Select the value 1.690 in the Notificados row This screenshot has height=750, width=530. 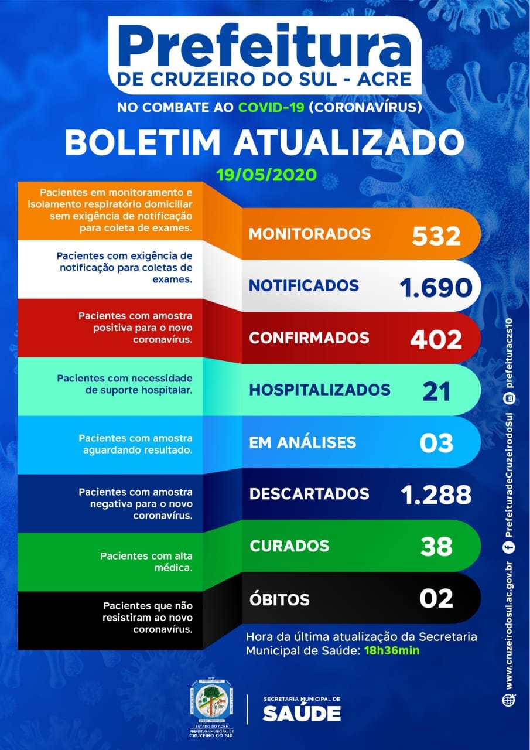click(x=435, y=287)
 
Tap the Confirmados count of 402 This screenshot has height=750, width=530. click(x=436, y=339)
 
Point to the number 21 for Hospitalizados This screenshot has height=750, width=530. click(x=436, y=391)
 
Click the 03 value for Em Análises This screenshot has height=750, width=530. click(x=436, y=442)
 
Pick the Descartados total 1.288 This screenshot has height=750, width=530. click(x=436, y=495)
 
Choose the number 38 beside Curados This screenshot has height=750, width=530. click(x=436, y=546)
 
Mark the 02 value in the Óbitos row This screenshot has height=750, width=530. click(x=436, y=598)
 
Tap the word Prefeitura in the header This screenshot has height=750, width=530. click(x=265, y=47)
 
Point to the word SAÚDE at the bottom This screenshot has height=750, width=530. click(x=302, y=713)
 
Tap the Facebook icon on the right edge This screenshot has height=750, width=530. click(x=509, y=547)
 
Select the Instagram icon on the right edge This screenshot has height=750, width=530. click(x=509, y=398)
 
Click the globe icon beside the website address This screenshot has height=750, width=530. click(x=509, y=700)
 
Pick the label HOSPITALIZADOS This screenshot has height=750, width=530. click(x=319, y=390)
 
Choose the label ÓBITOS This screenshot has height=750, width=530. click(x=279, y=599)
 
